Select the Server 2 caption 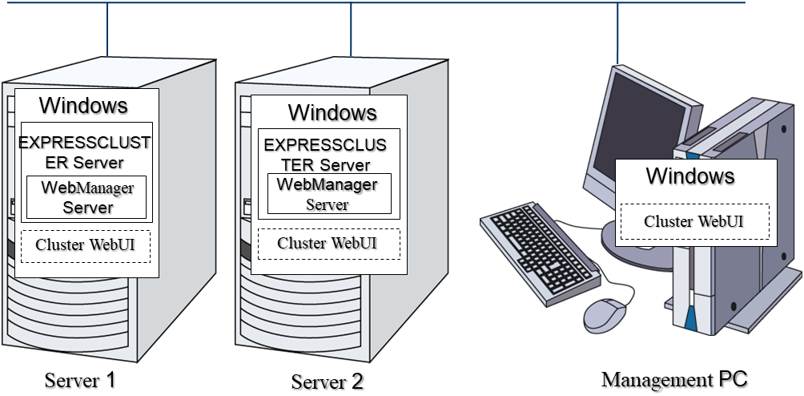[327, 381]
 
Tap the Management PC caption [674, 378]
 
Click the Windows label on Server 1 [83, 105]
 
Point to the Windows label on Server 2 [332, 111]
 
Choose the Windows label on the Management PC [689, 175]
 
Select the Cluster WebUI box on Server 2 [328, 244]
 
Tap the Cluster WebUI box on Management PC [694, 221]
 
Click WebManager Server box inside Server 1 [87, 197]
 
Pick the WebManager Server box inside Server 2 [328, 194]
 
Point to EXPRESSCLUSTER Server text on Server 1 [84, 152]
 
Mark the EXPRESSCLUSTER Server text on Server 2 [325, 155]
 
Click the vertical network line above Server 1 [107, 32]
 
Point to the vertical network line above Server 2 [351, 32]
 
